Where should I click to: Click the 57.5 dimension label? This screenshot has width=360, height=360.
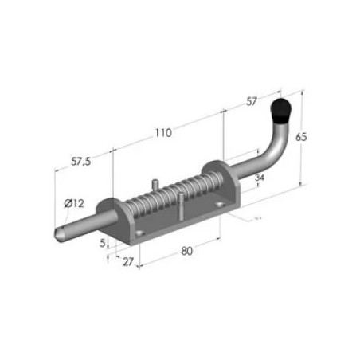tap(81, 161)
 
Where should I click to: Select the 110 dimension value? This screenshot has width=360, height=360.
tap(163, 133)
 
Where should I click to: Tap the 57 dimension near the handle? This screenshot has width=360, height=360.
tap(252, 101)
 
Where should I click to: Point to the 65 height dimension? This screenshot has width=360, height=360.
tap(301, 137)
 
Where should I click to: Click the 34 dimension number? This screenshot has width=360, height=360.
tap(260, 178)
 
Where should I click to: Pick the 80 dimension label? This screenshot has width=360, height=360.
tap(186, 251)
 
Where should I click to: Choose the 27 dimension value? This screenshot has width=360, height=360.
tap(128, 262)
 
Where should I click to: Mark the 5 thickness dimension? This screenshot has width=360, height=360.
tap(103, 243)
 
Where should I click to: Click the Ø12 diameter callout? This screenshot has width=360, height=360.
tap(74, 204)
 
